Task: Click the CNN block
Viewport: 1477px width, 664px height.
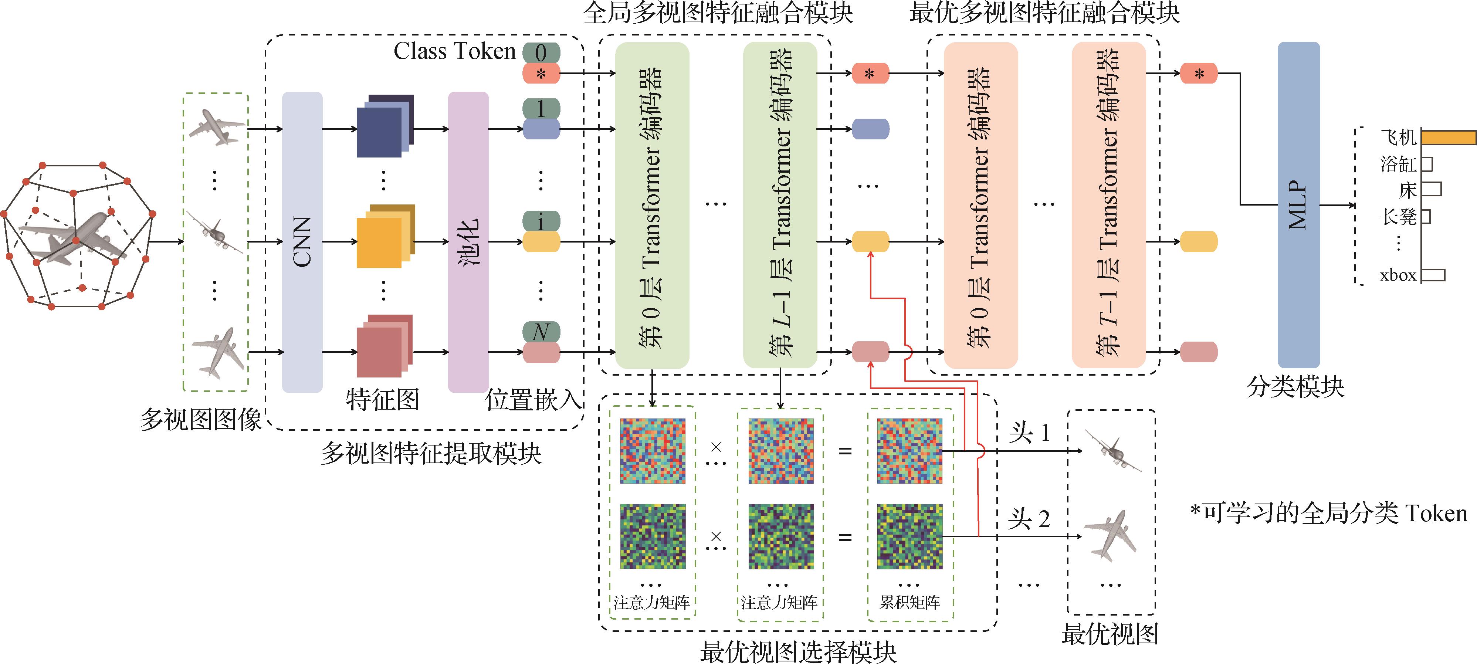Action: pyautogui.click(x=302, y=242)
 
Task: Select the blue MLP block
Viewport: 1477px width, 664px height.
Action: pyautogui.click(x=1299, y=205)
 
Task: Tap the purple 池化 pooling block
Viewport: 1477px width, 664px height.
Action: pyautogui.click(x=468, y=242)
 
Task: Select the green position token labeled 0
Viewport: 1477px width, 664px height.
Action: pyautogui.click(x=541, y=53)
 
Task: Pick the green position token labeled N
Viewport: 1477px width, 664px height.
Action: pyautogui.click(x=541, y=331)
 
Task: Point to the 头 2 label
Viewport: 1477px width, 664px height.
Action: pyautogui.click(x=1029, y=519)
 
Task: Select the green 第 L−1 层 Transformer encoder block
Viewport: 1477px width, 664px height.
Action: pyautogui.click(x=780, y=205)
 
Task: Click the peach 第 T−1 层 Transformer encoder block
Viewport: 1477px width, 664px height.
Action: pyautogui.click(x=1108, y=205)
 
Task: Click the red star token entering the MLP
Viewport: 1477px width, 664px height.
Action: pyautogui.click(x=1199, y=74)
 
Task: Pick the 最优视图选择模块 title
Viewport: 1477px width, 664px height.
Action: pyautogui.click(x=798, y=652)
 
